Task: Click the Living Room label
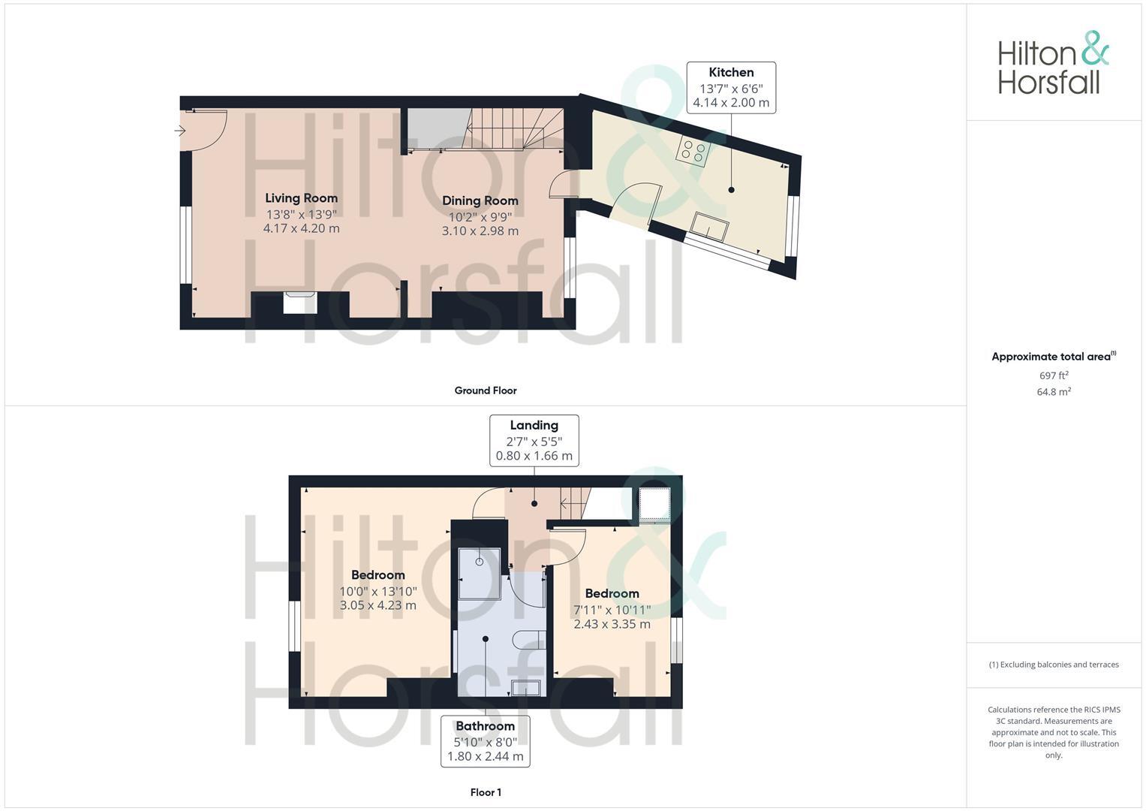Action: (x=301, y=198)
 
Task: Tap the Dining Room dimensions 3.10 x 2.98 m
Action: (x=480, y=231)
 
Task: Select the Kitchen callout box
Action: (x=731, y=88)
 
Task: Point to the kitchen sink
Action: (x=710, y=226)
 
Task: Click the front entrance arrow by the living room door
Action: (x=180, y=131)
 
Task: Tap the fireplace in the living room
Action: (x=300, y=302)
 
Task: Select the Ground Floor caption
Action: (x=485, y=390)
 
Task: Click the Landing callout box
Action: (x=534, y=441)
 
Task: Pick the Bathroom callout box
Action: (x=485, y=741)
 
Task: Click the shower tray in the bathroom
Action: (x=479, y=573)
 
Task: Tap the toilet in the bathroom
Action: (x=530, y=640)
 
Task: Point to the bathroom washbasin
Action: (x=525, y=687)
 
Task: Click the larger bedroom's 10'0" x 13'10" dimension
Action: (x=378, y=591)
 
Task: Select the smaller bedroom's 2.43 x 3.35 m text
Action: (x=612, y=624)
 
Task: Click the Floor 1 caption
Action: (x=486, y=792)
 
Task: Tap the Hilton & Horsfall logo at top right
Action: (x=1052, y=63)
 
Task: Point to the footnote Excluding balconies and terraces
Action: (x=1054, y=665)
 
